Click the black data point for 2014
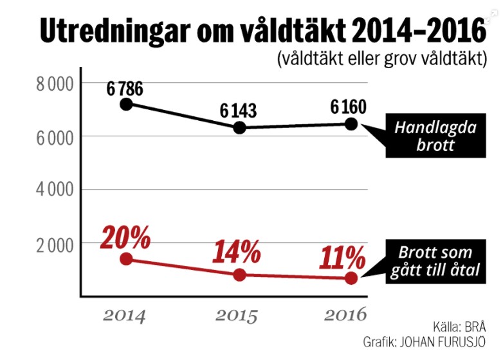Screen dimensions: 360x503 [x=127, y=104]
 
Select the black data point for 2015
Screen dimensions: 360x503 [x=239, y=127]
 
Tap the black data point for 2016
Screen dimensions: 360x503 [x=351, y=123]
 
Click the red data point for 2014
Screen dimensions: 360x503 [x=127, y=258]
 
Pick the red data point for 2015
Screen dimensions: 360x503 [x=239, y=275]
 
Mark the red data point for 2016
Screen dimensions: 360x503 [x=351, y=278]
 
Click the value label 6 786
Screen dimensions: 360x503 [x=125, y=88]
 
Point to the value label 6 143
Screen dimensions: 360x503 [x=238, y=111]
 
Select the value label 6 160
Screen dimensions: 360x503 [x=349, y=106]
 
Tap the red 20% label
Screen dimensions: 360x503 [x=125, y=239]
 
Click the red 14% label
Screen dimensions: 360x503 [x=237, y=252]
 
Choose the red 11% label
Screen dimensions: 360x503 [x=343, y=259]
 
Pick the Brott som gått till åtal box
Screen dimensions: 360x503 [x=435, y=262]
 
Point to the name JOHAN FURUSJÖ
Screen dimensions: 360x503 [x=444, y=341]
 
